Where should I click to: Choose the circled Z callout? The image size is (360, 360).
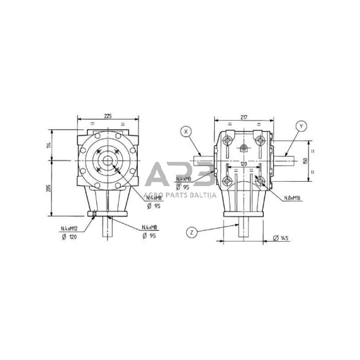click(x=192, y=232)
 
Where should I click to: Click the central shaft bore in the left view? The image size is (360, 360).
click(x=108, y=161)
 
